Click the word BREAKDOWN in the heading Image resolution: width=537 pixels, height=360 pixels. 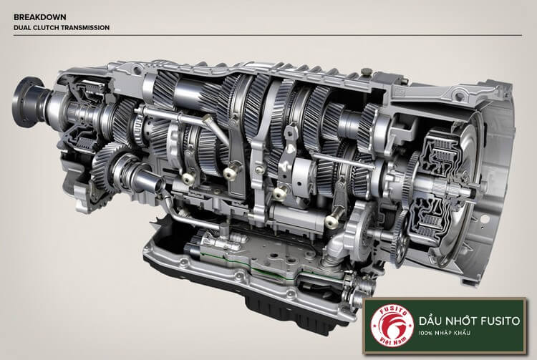(x=39, y=16)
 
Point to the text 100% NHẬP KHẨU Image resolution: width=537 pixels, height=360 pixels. (x=444, y=333)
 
